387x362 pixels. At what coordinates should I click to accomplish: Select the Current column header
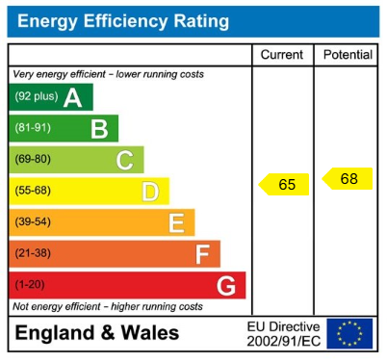coord(282,55)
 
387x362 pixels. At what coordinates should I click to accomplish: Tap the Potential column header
coord(348,55)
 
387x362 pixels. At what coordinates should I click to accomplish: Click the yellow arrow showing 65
coord(285,184)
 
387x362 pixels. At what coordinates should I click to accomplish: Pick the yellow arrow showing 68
coord(348,178)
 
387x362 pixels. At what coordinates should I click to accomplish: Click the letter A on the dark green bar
coord(72,97)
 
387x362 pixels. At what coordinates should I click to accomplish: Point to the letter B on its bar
coord(98,129)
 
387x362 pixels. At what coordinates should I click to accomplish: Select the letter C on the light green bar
coord(124,160)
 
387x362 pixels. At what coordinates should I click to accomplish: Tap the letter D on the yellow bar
coord(149,192)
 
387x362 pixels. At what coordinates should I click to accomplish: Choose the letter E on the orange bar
coord(175,222)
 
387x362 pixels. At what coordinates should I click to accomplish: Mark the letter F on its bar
coord(201,254)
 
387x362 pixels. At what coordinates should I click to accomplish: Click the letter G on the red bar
coord(226,286)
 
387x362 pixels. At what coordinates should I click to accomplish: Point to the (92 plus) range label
coord(36,97)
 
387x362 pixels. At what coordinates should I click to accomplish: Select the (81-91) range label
coord(33,129)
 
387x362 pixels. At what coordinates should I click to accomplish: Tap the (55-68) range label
coord(33,192)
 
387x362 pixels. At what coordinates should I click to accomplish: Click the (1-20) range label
coord(29,286)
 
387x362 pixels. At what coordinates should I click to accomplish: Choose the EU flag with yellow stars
coord(349,333)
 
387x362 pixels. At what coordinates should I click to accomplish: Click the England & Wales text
coord(96,333)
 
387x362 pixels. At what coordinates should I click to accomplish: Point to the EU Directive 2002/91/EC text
coord(283,333)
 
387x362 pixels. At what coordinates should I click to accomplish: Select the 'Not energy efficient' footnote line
coord(108,306)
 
